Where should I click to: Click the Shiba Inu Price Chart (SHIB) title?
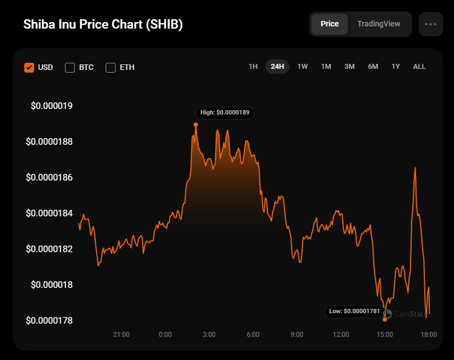(103, 25)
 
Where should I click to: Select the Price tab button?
(330, 24)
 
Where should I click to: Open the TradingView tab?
(379, 24)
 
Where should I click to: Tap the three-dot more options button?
(430, 24)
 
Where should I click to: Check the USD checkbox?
(29, 68)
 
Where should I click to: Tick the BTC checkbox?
(70, 68)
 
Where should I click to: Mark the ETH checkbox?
(111, 68)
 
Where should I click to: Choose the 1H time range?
(253, 67)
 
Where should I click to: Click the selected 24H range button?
(277, 67)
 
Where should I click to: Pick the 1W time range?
(303, 67)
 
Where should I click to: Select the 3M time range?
(349, 67)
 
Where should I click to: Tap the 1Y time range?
(396, 67)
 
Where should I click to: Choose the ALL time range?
(419, 67)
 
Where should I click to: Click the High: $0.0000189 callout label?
(225, 112)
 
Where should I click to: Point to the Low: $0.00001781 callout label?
(354, 312)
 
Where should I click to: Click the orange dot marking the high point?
(196, 124)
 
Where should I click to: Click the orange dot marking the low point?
(385, 319)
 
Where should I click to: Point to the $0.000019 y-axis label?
(52, 106)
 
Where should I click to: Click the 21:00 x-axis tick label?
(121, 335)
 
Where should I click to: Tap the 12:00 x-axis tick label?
(341, 335)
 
